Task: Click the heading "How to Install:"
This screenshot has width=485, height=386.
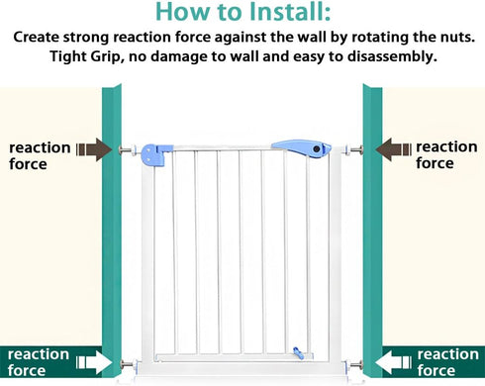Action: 242,12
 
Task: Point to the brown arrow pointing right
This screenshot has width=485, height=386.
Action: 94,149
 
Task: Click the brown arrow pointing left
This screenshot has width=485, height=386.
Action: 394,149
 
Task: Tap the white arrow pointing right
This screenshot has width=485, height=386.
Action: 94,362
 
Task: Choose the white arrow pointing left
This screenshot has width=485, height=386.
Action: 394,362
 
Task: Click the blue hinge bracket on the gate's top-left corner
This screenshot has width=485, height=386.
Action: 156,154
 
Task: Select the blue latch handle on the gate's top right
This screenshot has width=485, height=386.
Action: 302,148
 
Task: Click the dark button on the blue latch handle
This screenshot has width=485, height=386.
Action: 317,148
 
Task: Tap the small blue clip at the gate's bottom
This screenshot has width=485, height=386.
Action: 299,353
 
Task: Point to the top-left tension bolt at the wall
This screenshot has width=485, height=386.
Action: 128,150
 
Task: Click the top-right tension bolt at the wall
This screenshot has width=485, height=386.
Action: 354,150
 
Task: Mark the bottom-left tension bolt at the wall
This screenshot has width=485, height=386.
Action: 129,364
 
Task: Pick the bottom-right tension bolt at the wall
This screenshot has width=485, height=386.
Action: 353,365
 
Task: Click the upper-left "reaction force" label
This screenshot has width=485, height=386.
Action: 40,155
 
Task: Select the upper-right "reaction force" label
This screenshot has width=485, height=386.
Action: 446,154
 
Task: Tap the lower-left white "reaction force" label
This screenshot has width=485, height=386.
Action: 39,362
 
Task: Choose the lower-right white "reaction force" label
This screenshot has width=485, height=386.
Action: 447,362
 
